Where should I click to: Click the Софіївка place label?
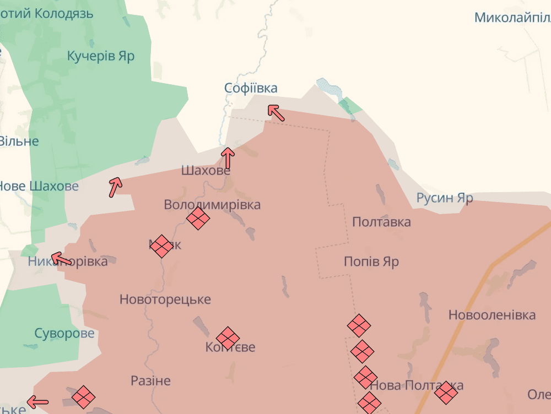click(x=251, y=88)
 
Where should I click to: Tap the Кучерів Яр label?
click(x=101, y=56)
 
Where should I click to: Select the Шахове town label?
click(x=206, y=171)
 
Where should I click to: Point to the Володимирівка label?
click(x=212, y=205)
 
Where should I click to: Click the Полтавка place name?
click(x=381, y=222)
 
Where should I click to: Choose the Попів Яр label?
click(x=371, y=262)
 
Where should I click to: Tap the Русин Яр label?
click(x=444, y=198)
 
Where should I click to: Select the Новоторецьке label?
click(x=165, y=300)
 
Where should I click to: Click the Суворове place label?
click(x=64, y=334)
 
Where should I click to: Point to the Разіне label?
click(x=150, y=381)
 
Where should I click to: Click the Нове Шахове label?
click(x=39, y=186)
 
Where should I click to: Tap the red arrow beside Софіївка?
click(x=276, y=112)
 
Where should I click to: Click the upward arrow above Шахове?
click(x=228, y=158)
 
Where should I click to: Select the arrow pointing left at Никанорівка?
click(x=61, y=259)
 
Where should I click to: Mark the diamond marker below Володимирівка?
click(x=198, y=219)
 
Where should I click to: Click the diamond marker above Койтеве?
click(x=228, y=338)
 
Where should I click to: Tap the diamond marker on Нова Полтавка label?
click(x=446, y=393)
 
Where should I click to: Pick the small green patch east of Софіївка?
click(x=349, y=106)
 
